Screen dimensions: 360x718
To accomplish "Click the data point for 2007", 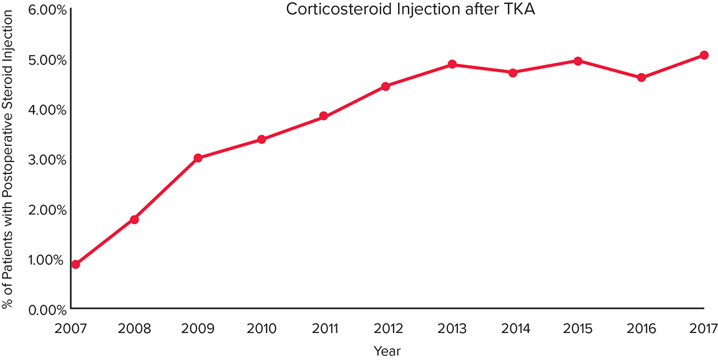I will (x=76, y=264).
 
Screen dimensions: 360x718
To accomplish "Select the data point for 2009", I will (x=198, y=158).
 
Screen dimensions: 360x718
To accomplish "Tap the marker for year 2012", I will (x=386, y=86).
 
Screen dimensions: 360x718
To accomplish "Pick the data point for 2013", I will (x=453, y=64).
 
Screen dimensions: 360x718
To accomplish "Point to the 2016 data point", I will (x=641, y=78).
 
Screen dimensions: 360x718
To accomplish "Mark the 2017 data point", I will (x=704, y=55).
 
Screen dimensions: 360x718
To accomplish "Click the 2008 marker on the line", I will (x=134, y=219).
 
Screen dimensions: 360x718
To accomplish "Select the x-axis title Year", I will (x=387, y=350).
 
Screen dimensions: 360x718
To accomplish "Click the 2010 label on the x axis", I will (x=261, y=326).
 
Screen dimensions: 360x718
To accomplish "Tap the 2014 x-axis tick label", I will (x=514, y=326).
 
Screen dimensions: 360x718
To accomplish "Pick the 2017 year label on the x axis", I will (x=702, y=326).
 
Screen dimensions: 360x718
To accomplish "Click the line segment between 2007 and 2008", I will (x=105, y=241).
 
